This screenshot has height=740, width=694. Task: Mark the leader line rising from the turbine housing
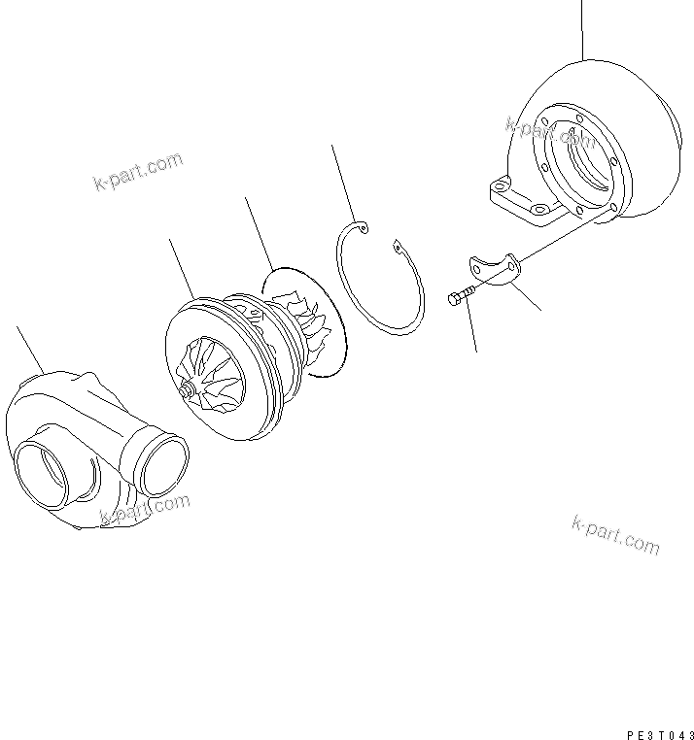582,29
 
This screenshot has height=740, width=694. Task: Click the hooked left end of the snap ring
362,228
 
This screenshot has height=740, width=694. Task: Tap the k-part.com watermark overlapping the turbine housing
550,130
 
